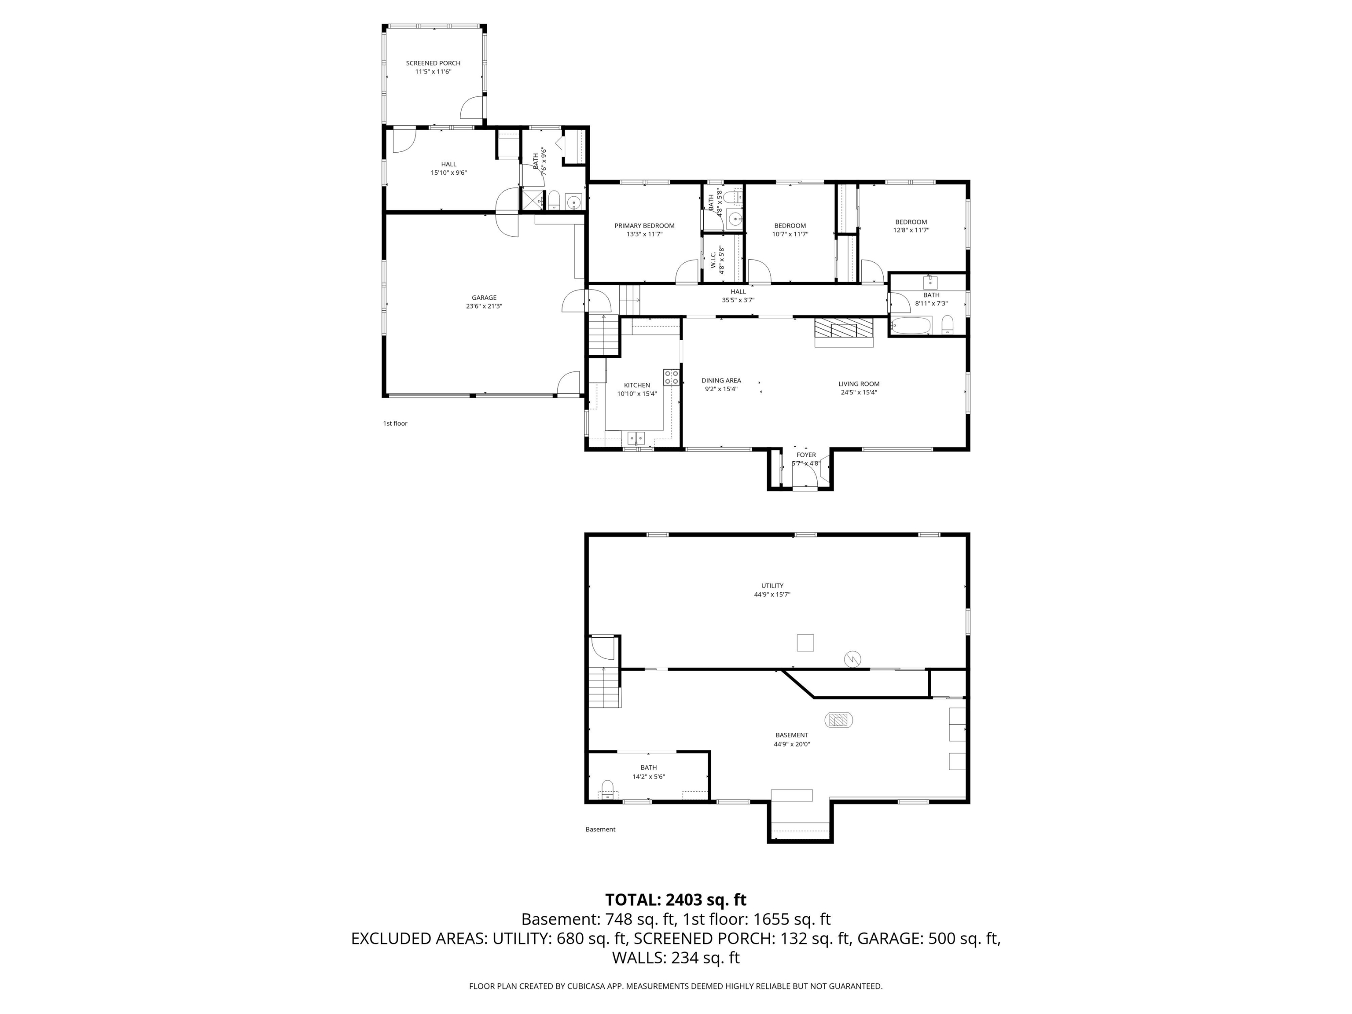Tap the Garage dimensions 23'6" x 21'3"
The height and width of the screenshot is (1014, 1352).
click(x=484, y=306)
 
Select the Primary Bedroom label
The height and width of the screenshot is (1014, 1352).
click(x=644, y=225)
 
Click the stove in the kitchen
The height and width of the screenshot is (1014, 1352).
click(x=671, y=377)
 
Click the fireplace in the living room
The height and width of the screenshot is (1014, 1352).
click(x=844, y=331)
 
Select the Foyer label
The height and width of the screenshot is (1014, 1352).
click(x=806, y=455)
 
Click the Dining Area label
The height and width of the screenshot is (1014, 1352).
click(x=721, y=381)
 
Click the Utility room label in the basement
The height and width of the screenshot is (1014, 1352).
click(x=772, y=585)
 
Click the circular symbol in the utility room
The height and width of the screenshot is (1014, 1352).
click(x=852, y=659)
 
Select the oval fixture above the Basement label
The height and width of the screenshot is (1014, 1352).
click(x=839, y=720)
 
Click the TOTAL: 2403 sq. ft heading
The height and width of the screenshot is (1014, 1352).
click(x=676, y=900)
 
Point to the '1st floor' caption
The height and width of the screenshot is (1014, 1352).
click(x=395, y=423)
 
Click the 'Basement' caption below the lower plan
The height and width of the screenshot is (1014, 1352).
click(x=600, y=830)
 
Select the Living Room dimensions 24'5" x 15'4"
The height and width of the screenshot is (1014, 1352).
click(x=859, y=393)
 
